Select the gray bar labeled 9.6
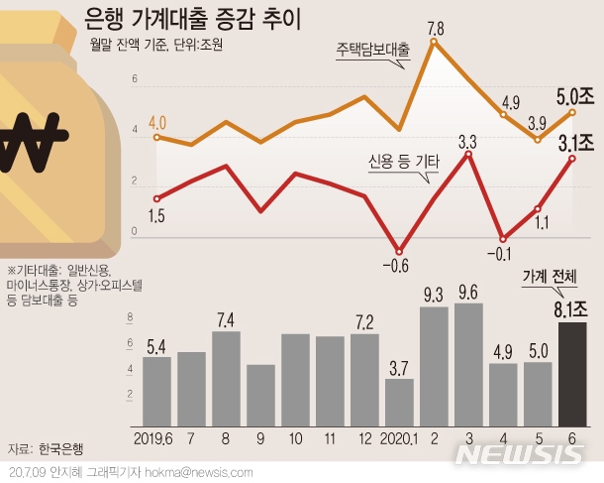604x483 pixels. tap(468, 363)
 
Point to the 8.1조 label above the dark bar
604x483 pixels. tap(571, 310)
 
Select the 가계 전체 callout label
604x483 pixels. tap(555, 280)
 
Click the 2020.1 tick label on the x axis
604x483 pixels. tap(399, 436)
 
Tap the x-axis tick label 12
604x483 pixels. tap(364, 436)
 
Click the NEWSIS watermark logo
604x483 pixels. tap(521, 454)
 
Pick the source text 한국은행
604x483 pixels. tap(60, 448)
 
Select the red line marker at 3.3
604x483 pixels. tap(467, 155)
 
